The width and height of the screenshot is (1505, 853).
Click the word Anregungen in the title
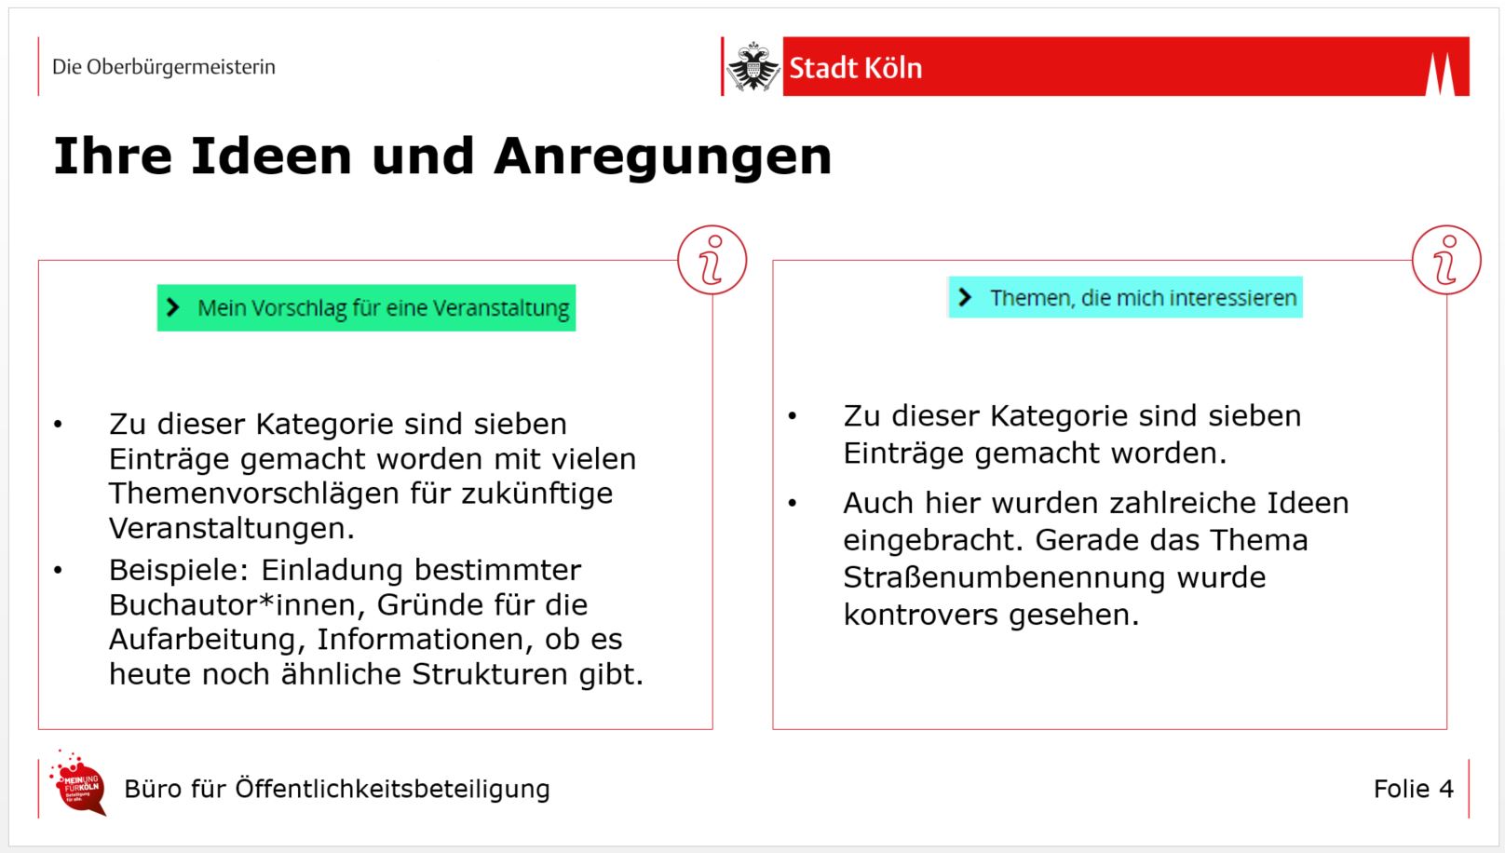[662, 156]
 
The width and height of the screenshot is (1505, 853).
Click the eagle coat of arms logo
[752, 67]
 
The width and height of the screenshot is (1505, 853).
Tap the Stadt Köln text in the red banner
[855, 68]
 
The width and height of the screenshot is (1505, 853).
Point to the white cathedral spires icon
[1440, 74]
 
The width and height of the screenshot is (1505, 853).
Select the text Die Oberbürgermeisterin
[164, 67]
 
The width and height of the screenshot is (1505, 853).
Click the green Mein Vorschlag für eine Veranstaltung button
[366, 308]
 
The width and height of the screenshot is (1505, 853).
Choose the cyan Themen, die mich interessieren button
[1125, 298]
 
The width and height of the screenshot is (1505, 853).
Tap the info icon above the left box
[712, 260]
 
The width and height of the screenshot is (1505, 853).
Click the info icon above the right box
[1446, 260]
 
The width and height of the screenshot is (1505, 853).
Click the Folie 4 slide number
[1413, 789]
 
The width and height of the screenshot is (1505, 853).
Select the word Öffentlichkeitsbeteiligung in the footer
[392, 789]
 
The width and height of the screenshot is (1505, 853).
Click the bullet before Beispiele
[58, 570]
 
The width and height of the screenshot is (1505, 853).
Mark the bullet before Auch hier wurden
[793, 504]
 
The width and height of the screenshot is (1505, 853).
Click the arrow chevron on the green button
[173, 307]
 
